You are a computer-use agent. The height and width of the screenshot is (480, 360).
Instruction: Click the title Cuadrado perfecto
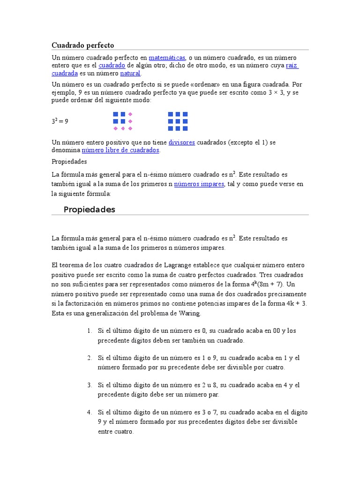tap(82, 45)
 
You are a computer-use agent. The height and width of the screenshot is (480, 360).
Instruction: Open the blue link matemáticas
tap(167, 57)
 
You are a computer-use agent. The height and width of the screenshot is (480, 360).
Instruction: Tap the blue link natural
tap(130, 74)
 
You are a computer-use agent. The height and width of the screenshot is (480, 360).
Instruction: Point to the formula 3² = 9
tap(60, 121)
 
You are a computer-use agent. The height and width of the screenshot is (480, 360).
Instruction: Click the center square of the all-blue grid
tap(178, 121)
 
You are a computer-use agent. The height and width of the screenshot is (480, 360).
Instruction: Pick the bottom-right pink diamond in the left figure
tap(130, 128)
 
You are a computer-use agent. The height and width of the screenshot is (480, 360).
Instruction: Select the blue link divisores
tap(181, 142)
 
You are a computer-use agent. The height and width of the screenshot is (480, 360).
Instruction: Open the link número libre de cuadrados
tap(120, 150)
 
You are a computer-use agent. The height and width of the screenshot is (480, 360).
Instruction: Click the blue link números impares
tap(199, 184)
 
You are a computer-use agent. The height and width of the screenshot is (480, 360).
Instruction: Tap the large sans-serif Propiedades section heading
tap(89, 210)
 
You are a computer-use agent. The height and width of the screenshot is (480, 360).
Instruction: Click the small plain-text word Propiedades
tap(69, 161)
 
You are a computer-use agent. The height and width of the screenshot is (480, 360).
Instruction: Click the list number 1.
tap(89, 331)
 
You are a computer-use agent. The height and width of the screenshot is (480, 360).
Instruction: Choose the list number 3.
tap(89, 385)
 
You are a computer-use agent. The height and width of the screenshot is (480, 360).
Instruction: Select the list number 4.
tap(89, 412)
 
